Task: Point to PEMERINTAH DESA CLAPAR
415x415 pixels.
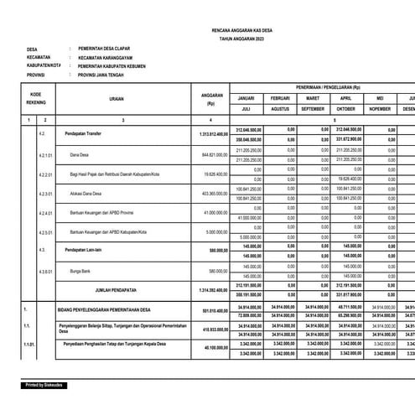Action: (116, 52)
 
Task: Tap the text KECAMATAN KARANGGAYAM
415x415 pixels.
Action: (116, 63)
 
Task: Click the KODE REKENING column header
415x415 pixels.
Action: (36, 100)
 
